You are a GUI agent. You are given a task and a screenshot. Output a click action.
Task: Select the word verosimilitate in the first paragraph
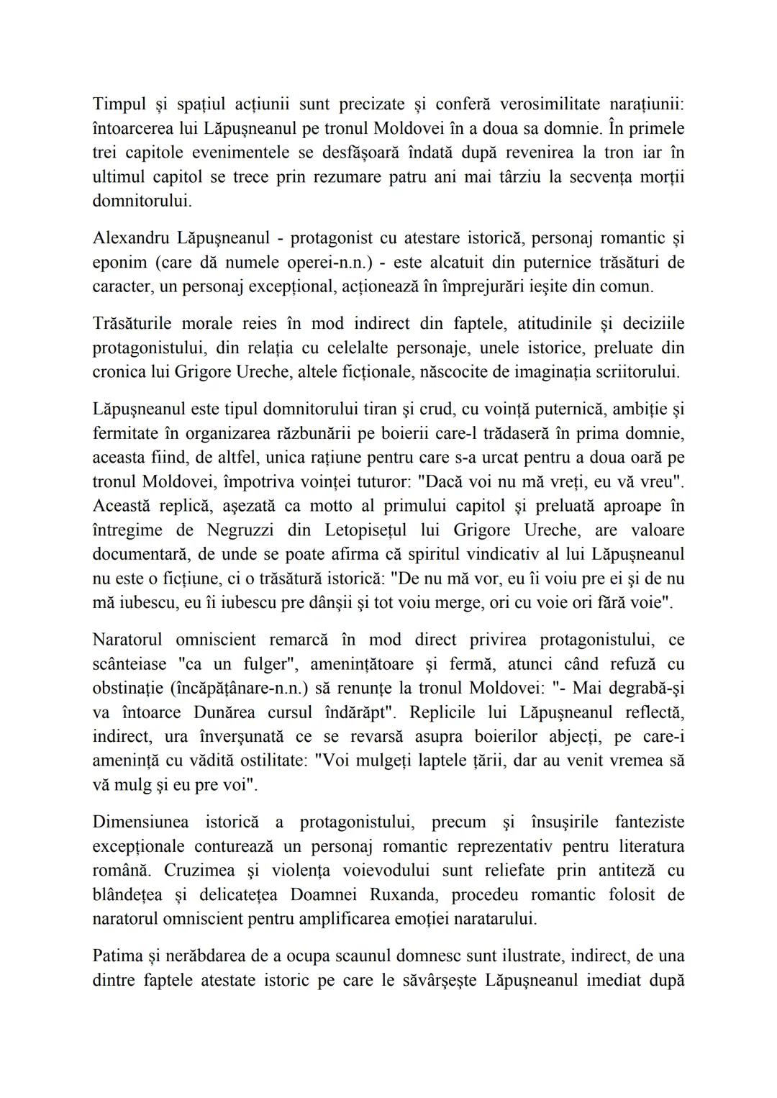pyautogui.click(x=541, y=104)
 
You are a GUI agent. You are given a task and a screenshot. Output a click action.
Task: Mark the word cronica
pyautogui.click(x=119, y=372)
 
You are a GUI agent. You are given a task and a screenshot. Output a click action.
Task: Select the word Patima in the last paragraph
pyautogui.click(x=117, y=956)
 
